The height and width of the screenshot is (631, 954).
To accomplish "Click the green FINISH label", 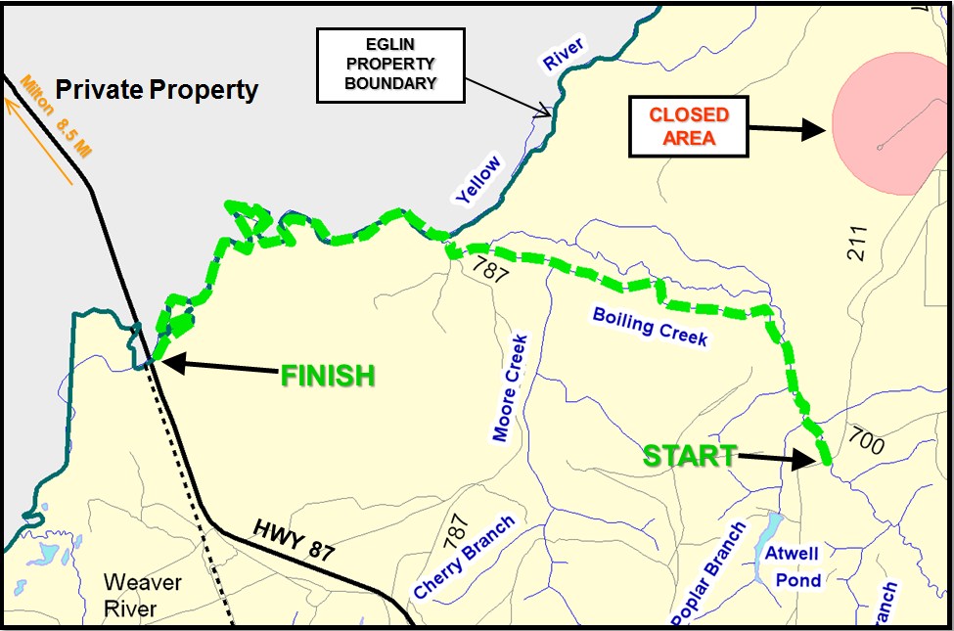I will click(328, 375).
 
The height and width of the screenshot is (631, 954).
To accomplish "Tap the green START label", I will click(689, 455).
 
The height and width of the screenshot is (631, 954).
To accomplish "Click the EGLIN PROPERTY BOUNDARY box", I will click(390, 66).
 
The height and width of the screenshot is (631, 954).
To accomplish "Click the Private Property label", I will click(157, 91).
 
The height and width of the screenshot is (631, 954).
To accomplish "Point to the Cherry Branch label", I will click(465, 557).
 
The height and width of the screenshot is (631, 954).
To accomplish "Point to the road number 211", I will click(858, 241).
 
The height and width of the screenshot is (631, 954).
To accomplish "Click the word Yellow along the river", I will click(478, 180).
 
